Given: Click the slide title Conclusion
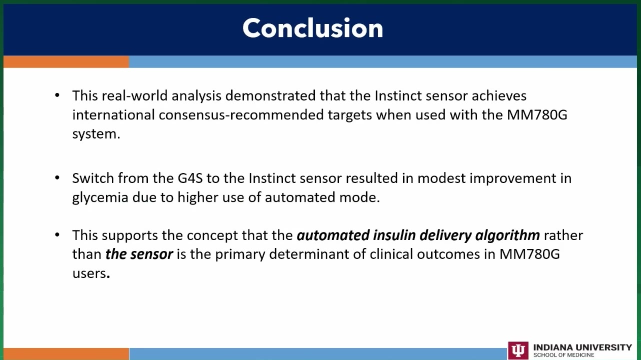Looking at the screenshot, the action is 313,28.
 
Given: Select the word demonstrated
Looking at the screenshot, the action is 270,95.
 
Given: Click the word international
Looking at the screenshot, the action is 113,115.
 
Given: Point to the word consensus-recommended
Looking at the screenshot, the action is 241,115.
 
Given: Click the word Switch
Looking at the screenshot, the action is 93,178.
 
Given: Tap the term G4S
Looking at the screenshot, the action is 190,178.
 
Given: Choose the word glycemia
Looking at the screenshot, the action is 100,197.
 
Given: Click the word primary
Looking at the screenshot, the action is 240,254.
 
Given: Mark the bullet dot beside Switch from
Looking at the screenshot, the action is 57,177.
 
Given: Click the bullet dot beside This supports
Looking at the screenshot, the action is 57,235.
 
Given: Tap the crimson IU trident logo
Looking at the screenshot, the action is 518,350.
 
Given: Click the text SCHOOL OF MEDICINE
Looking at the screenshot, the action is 563,355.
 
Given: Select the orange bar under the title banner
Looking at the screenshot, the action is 66,62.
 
